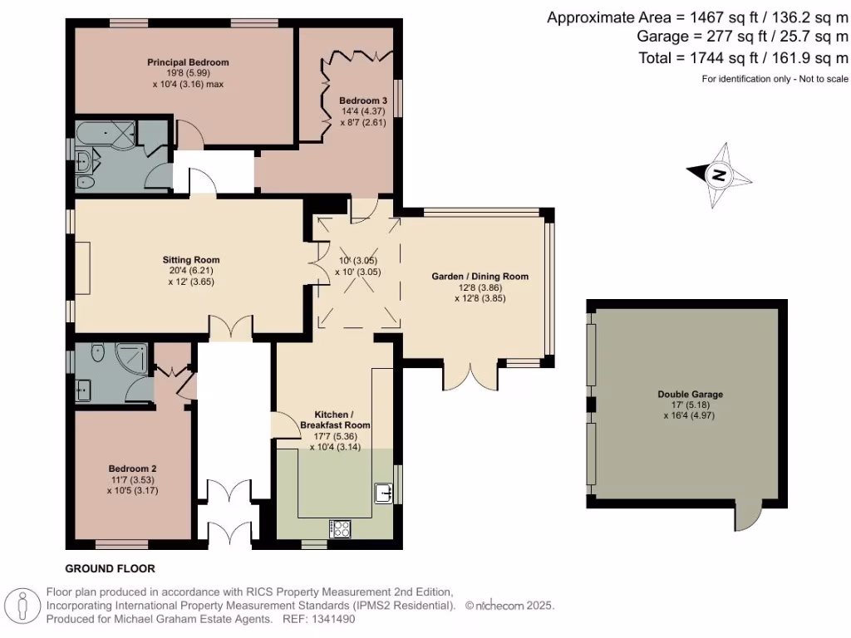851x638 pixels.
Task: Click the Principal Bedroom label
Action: coord(188,62)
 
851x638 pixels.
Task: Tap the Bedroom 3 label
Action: coord(363,101)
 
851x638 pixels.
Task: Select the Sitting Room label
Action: coord(191,260)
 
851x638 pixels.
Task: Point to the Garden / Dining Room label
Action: coord(480,276)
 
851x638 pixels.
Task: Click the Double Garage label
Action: coord(690,395)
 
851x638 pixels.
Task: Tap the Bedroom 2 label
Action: coord(132,469)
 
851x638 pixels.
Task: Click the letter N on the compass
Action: coord(719,175)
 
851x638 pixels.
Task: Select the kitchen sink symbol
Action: coord(384,493)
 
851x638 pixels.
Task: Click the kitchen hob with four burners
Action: coord(340,529)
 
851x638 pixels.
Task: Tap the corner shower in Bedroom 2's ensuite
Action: coord(131,358)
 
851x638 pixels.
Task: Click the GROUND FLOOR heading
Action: coord(111,568)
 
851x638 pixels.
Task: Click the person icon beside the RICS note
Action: coord(22,606)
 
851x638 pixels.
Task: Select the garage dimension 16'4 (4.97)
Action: coord(689,415)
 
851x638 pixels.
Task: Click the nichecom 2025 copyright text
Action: coord(509,606)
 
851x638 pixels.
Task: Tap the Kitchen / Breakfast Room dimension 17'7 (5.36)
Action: coord(335,436)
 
